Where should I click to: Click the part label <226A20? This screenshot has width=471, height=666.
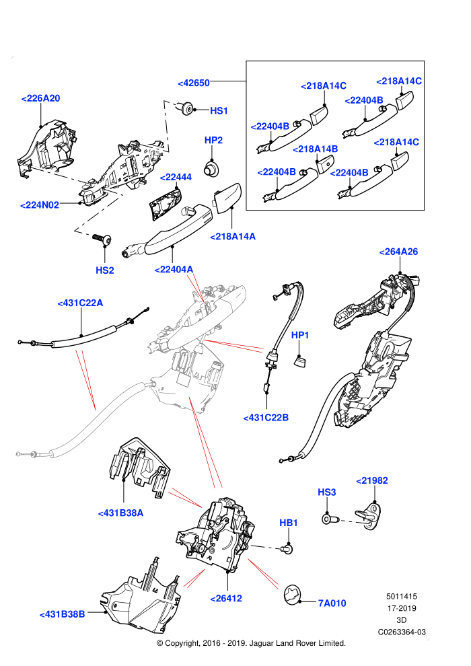click(41, 98)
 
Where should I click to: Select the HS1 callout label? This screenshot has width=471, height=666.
click(219, 111)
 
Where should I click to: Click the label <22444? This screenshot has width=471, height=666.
click(176, 177)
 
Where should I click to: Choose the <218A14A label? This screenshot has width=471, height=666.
click(233, 237)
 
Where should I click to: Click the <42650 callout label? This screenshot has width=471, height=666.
click(194, 83)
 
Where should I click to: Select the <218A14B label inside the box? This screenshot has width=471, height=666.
click(315, 149)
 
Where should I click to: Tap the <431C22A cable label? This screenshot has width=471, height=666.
click(80, 303)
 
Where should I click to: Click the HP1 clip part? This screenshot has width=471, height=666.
click(299, 361)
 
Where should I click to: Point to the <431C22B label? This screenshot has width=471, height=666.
click(266, 418)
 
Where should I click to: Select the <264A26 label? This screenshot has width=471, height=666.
click(398, 252)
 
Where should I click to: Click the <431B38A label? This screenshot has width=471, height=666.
click(120, 513)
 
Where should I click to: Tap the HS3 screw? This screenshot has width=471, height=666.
click(330, 519)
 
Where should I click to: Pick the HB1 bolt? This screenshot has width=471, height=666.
click(287, 550)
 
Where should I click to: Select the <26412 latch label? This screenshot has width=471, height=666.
click(226, 599)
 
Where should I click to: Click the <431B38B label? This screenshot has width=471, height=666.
click(62, 614)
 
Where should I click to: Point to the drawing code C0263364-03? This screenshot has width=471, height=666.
click(402, 632)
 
